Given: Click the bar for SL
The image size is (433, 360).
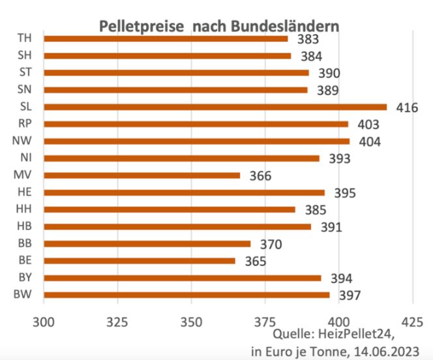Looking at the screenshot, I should pos(215,107).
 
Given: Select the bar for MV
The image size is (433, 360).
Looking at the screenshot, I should pos(142,175).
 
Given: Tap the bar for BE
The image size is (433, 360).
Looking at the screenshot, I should pos(140,261).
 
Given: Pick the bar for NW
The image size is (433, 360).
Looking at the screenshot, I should pos(196,141).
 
